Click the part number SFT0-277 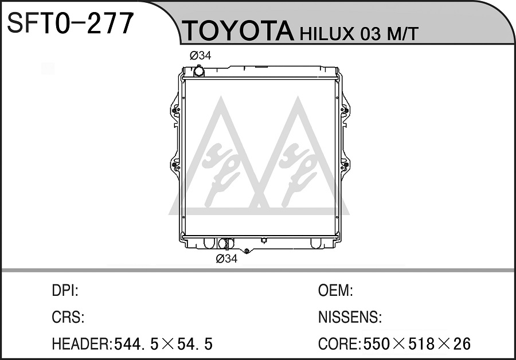pyautogui.click(x=71, y=23)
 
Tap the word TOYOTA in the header pyautogui.click(x=238, y=31)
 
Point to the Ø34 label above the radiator pyautogui.click(x=201, y=56)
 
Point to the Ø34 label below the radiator pyautogui.click(x=226, y=259)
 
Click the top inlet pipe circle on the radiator pyautogui.click(x=198, y=71)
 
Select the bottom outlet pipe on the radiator pyautogui.click(x=225, y=244)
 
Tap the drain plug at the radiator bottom pyautogui.click(x=247, y=251)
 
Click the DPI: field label pyautogui.click(x=65, y=291)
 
